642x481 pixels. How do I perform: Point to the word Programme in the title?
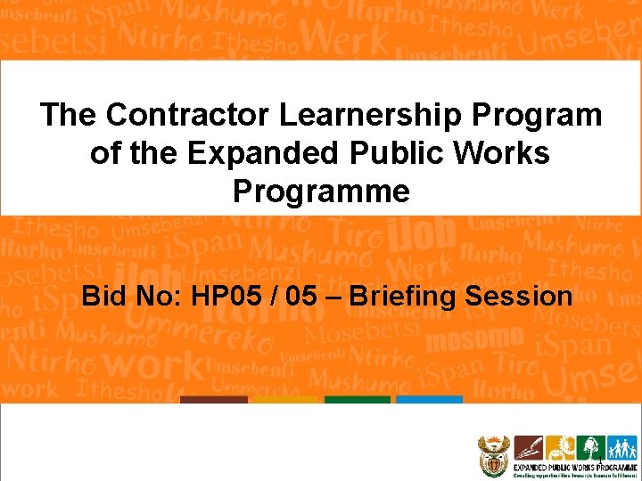(x=321, y=192)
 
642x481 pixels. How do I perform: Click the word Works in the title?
(x=505, y=153)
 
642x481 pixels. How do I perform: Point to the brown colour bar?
(x=213, y=400)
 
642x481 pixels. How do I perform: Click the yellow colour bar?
(x=285, y=400)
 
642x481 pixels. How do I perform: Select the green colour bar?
(x=358, y=400)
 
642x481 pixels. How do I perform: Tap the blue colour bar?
(x=429, y=400)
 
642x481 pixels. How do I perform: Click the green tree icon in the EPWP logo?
(x=589, y=448)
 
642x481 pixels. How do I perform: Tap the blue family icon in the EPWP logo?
(x=621, y=448)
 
